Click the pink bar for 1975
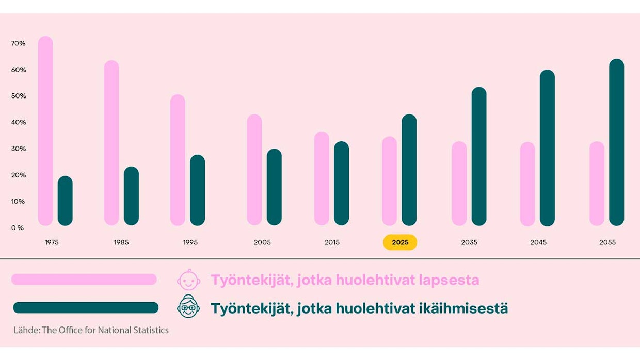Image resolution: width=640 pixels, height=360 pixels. click(x=46, y=131)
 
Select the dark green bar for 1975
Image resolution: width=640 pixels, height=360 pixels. click(x=65, y=201)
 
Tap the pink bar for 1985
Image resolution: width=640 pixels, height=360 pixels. click(x=111, y=143)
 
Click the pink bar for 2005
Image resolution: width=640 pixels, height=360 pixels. click(x=254, y=170)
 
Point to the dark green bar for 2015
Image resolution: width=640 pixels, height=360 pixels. click(x=341, y=183)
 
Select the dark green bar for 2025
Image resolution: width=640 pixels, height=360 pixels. click(x=409, y=170)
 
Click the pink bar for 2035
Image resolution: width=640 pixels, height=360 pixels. click(x=459, y=183)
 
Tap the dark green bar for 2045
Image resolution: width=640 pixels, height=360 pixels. click(x=547, y=148)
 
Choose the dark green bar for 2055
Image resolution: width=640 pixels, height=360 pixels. click(x=617, y=142)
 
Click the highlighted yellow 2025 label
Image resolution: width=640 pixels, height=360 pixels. click(x=400, y=242)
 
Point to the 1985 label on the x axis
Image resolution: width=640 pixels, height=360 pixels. click(x=121, y=242)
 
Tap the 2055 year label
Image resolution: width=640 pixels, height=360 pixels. click(x=607, y=242)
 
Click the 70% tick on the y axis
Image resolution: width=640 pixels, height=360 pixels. click(x=19, y=43)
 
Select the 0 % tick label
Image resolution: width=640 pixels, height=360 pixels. click(x=18, y=227)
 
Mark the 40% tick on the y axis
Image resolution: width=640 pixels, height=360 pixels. click(x=19, y=122)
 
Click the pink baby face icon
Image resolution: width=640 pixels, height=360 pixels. click(x=188, y=280)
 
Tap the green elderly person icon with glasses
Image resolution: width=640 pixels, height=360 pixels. click(x=188, y=308)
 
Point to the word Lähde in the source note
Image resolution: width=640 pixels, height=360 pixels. click(x=24, y=330)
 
